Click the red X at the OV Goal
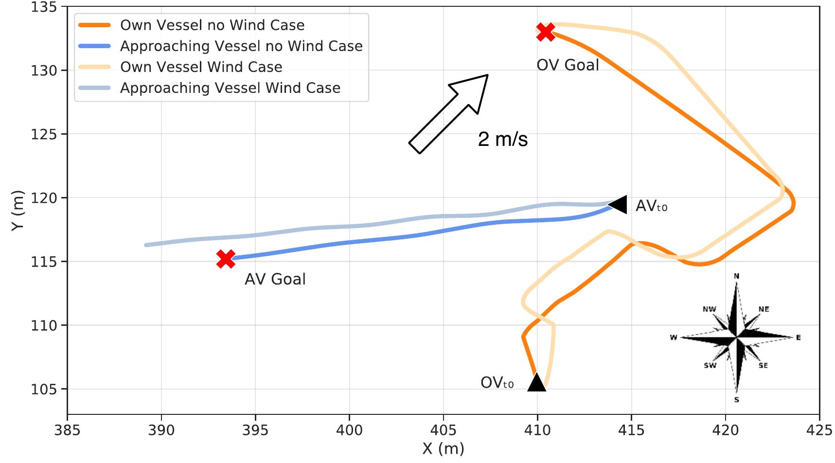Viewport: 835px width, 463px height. click(546, 32)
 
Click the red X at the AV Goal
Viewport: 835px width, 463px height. click(226, 259)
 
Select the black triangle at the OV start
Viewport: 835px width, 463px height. click(536, 383)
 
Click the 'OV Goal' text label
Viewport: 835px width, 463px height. click(568, 65)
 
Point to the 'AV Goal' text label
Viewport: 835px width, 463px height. click(275, 279)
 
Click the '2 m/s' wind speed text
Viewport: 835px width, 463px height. click(502, 140)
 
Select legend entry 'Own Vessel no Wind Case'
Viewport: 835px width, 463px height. click(212, 25)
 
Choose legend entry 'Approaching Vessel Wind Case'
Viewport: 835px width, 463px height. click(230, 88)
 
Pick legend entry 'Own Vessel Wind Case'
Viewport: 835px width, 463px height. click(201, 67)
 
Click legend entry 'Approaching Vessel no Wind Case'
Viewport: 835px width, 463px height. click(241, 46)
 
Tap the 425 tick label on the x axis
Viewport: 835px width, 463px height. click(819, 430)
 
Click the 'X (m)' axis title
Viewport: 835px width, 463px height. click(443, 448)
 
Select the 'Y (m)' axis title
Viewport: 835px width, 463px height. click(18, 211)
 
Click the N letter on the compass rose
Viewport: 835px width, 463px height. click(736, 276)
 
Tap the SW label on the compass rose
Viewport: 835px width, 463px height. click(710, 365)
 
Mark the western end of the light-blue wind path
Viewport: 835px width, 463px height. click(146, 245)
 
